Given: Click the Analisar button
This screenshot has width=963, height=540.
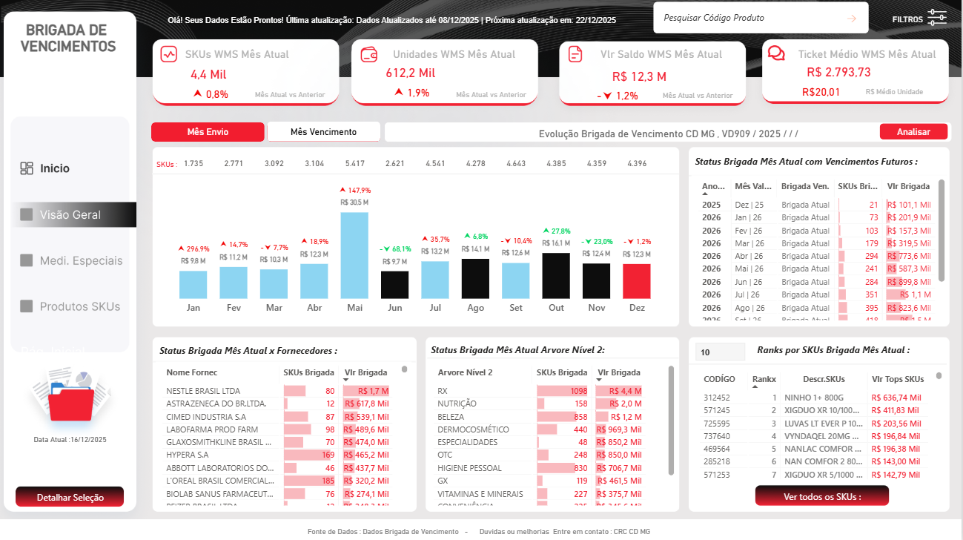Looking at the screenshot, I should tap(913, 131).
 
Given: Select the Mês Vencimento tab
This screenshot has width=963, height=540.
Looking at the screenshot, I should tap(323, 132).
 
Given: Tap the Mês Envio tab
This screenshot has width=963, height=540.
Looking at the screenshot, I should tap(208, 132).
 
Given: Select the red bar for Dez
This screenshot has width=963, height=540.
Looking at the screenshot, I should tap(636, 281).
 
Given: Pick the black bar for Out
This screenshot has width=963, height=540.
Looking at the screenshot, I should tap(556, 275).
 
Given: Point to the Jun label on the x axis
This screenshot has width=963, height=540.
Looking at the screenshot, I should tap(394, 308).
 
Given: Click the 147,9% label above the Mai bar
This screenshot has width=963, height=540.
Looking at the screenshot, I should tap(355, 191).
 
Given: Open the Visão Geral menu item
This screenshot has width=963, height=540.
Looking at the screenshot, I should tap(70, 215).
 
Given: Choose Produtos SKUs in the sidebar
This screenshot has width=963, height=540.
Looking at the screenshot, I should tap(79, 306).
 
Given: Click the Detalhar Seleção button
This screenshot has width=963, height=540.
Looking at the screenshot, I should tap(70, 497).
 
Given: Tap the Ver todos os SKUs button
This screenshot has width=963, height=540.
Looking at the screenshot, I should tap(821, 496).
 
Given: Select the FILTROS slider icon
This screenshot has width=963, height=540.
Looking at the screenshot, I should tap(937, 19).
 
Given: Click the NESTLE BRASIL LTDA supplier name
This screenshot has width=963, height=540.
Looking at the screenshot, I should tap(203, 391).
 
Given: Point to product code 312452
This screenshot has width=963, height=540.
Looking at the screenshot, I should tap(717, 398).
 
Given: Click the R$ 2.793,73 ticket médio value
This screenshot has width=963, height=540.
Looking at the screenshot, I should tap(838, 73).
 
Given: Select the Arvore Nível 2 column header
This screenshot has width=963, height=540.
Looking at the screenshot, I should tap(465, 372).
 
